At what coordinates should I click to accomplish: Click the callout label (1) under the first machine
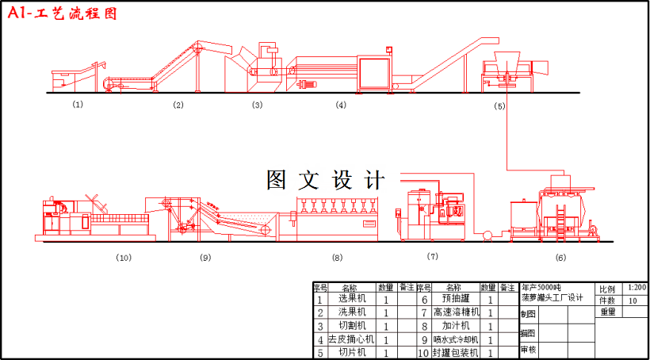(77, 104)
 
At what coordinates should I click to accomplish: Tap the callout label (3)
(257, 105)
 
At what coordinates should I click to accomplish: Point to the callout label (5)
(499, 105)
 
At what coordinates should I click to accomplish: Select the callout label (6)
(560, 257)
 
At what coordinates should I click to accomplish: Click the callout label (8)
(337, 257)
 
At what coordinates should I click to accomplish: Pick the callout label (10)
(123, 257)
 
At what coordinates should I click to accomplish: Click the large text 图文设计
(325, 180)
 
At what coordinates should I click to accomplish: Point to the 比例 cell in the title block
(607, 289)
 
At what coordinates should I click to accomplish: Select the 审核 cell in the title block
(528, 350)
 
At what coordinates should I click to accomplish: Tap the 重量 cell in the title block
(607, 312)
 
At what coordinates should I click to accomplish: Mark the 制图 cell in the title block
(528, 314)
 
